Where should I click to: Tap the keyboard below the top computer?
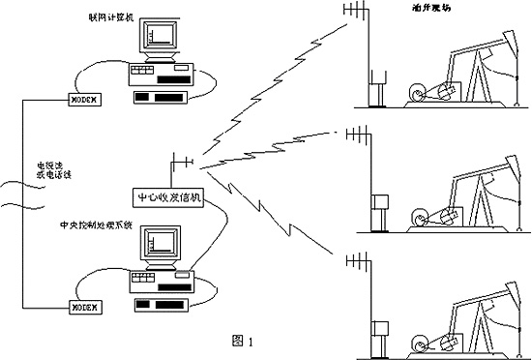(x=165, y=97)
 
